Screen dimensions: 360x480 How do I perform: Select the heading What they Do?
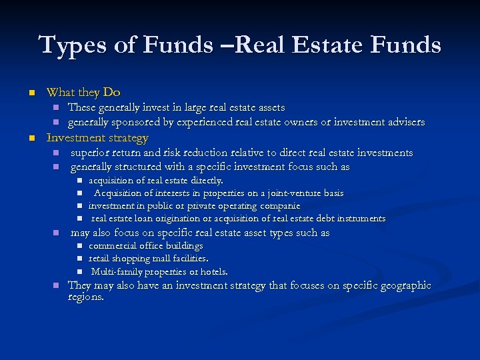(x=83, y=92)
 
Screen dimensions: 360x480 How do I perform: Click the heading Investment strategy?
(x=97, y=137)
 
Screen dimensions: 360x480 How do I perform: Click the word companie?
(x=278, y=206)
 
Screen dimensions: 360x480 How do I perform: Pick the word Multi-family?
(x=117, y=271)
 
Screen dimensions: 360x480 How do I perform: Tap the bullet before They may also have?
(x=56, y=285)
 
